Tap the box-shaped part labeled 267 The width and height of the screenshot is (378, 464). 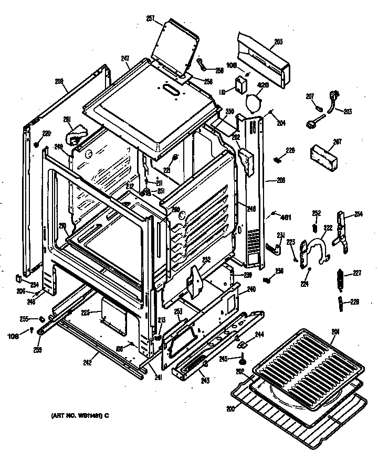(x=323, y=156)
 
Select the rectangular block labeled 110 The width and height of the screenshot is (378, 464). (x=241, y=85)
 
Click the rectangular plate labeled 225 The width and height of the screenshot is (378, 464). (x=113, y=317)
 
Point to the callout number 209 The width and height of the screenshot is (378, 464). (x=59, y=81)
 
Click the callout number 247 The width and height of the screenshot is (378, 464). (x=125, y=59)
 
